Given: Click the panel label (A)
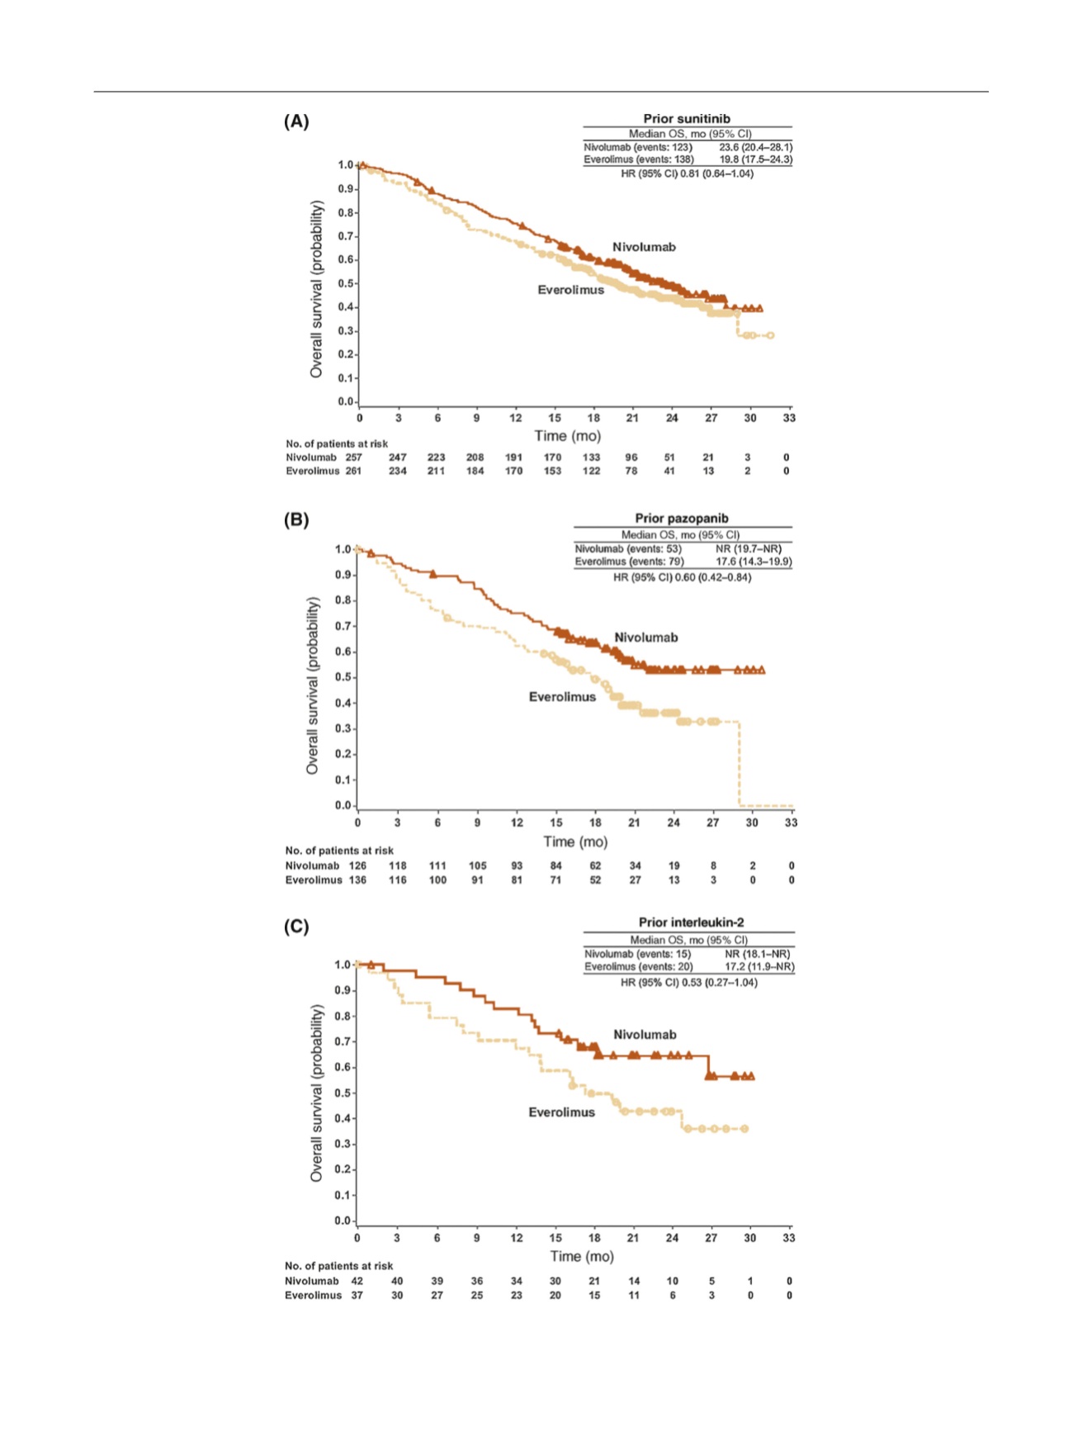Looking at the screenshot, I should point(296,121).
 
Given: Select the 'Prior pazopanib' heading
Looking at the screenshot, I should point(682,519).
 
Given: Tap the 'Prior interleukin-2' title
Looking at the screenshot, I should point(692,922).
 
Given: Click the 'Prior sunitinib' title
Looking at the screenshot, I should point(687,119).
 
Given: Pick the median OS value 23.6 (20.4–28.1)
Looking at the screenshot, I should point(755,147).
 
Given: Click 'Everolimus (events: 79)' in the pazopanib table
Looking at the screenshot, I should point(629,562).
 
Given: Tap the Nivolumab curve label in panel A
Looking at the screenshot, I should point(644,247).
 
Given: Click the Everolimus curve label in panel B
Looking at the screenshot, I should point(562,697).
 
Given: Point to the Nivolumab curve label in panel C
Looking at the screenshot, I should point(645,1035).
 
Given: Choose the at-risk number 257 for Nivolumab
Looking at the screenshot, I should point(353,458).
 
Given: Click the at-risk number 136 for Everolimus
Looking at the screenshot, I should point(357,880).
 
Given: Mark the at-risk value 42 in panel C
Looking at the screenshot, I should point(357,1282).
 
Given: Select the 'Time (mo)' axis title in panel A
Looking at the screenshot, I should point(567,436).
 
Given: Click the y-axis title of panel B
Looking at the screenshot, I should point(312,685).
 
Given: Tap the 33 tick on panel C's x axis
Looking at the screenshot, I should point(789,1238).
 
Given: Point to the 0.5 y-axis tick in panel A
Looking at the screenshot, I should point(346,283).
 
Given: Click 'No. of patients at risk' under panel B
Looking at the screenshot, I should point(339,851).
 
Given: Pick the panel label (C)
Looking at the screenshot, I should point(296,927).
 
